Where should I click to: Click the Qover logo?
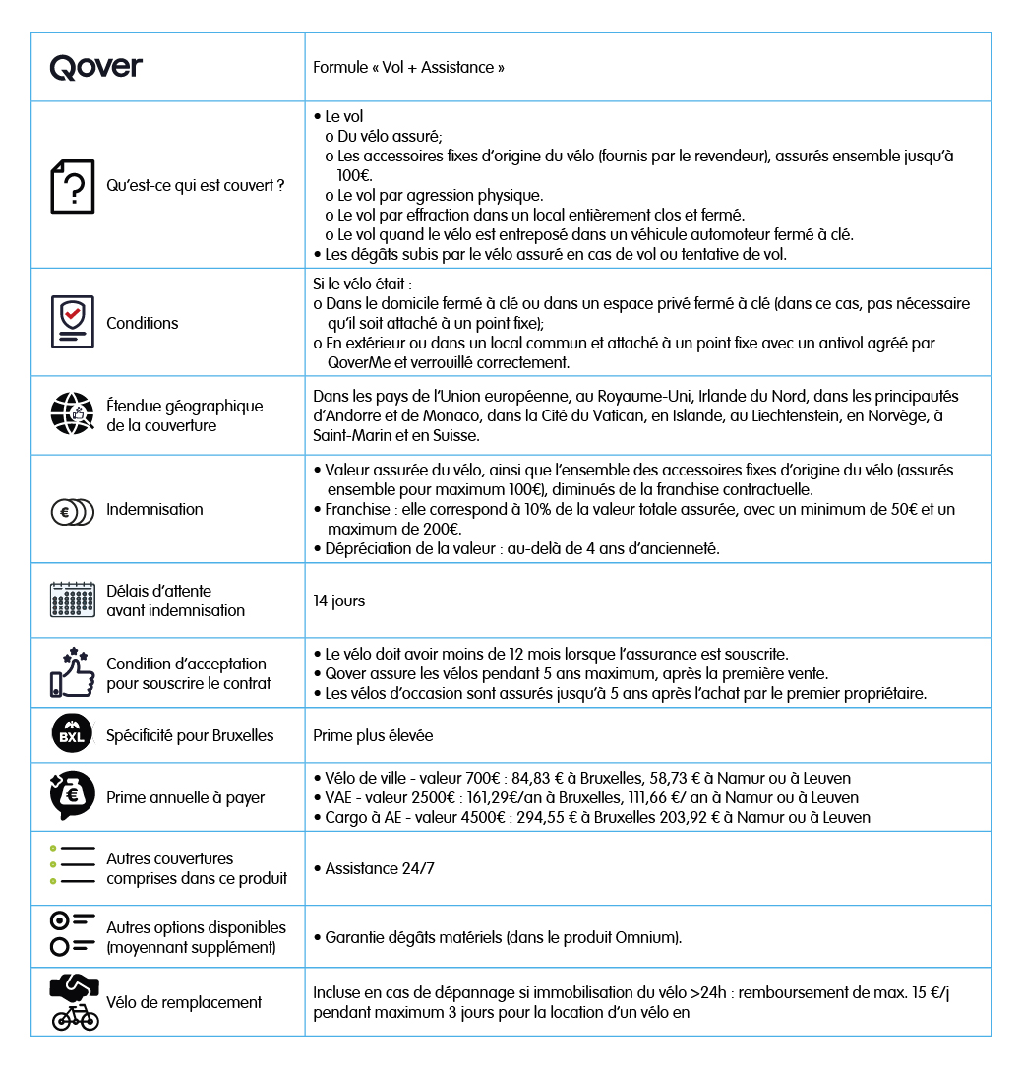click(96, 67)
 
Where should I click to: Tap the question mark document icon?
click(73, 186)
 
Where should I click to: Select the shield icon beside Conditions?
click(73, 322)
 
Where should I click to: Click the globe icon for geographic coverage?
click(73, 414)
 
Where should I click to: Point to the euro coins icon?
click(73, 511)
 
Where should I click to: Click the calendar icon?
click(73, 600)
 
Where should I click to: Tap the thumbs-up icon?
click(73, 672)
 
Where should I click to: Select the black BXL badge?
click(73, 734)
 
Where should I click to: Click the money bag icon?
click(73, 795)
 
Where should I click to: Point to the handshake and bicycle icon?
click(75, 1001)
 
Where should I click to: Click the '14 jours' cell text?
click(338, 601)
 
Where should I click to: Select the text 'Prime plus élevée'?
click(373, 735)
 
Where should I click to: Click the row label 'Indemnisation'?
click(154, 509)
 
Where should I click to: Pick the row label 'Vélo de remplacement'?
click(184, 1002)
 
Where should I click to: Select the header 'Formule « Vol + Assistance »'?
click(408, 68)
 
